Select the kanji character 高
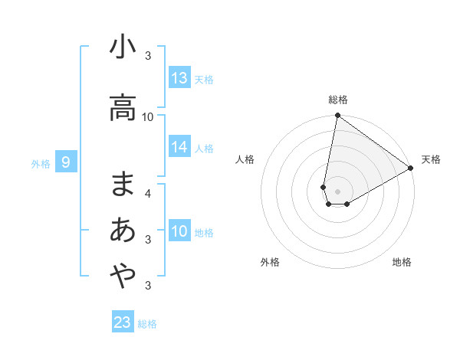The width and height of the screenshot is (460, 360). pos(123,108)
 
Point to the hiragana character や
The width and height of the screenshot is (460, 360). pos(123,276)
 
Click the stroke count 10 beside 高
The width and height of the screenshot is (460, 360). pos(148,116)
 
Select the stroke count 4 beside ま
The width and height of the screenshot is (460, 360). pos(148,193)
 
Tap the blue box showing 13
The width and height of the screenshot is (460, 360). pos(179,78)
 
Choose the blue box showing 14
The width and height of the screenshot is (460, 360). pos(179,148)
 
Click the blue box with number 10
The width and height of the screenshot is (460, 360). pos(179,231)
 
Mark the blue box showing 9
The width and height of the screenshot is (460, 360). pos(67,162)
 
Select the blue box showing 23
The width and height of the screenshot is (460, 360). pos(123,322)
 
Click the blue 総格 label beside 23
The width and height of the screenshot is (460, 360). pos(147,324)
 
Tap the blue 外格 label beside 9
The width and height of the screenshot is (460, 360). pos(41,163)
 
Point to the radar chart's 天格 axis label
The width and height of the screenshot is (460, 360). pos(431,159)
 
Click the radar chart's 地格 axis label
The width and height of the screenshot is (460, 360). pos(402,262)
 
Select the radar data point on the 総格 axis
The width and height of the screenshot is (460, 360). pos(337,116)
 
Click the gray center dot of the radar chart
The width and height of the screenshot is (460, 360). pos(337,191)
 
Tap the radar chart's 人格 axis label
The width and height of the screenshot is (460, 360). pos(245,159)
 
